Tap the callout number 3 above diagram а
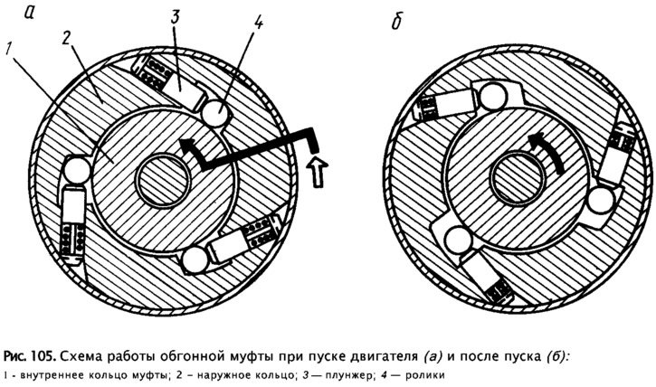(x=175, y=17)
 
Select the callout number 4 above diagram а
(x=258, y=22)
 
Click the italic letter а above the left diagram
(x=28, y=14)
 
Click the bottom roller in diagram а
(x=195, y=260)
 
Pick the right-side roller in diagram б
(x=601, y=200)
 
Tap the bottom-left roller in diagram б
(x=457, y=239)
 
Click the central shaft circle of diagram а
(x=163, y=181)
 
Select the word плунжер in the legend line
(x=347, y=375)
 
